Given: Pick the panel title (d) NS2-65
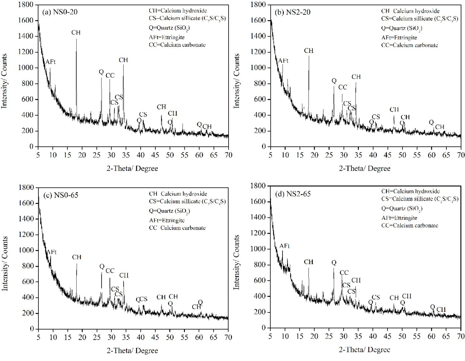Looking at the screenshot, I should coord(289,193).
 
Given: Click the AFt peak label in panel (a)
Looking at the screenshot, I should coord(50,62).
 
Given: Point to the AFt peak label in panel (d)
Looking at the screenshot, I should coord(284,246).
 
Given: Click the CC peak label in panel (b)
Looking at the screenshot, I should coord(343,87).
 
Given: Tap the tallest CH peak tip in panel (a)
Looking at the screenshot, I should coord(76,39).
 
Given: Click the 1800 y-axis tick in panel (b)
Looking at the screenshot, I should coord(259,5).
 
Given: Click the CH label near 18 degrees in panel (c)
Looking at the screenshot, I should coord(77,257).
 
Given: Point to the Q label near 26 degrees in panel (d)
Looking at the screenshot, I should coord(334,263).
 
